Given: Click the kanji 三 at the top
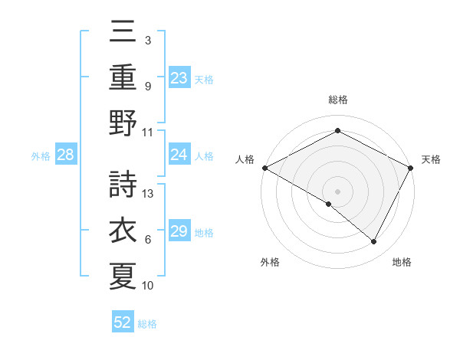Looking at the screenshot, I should (123, 34).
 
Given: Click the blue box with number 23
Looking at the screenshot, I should (179, 77).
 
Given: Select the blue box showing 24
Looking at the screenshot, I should (179, 155).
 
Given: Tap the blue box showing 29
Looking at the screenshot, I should (179, 231).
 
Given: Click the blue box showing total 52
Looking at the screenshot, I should (123, 322).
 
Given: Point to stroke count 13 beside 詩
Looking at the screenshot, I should (149, 194).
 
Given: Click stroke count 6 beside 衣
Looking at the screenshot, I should (148, 240).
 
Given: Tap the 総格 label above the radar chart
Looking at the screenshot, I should (337, 100).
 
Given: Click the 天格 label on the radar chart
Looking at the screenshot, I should (431, 159).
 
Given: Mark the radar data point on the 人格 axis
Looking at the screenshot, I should (264, 168).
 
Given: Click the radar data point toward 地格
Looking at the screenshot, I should (374, 242).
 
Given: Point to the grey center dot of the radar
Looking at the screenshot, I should (337, 191).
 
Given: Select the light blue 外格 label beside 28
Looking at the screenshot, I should (41, 156).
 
